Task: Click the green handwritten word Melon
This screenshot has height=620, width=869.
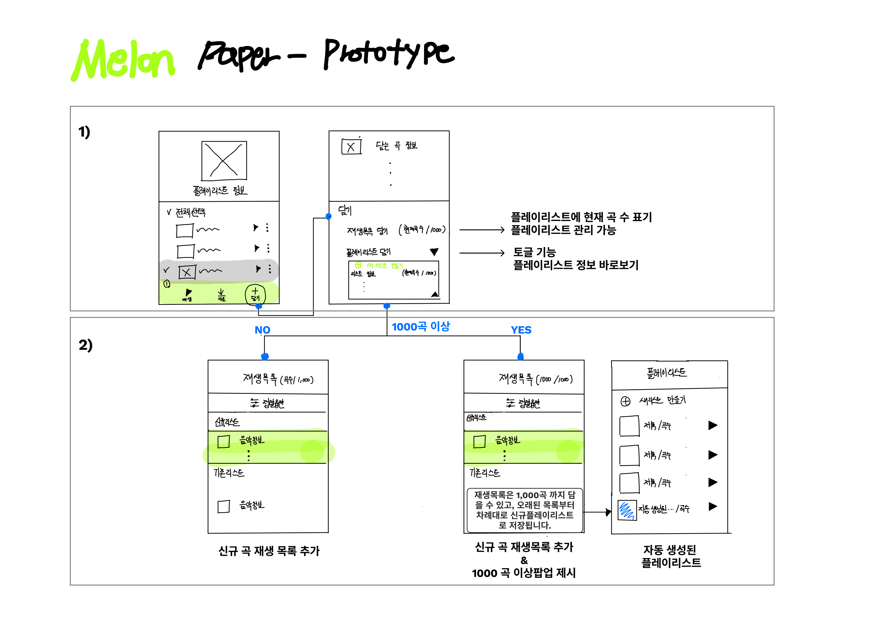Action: tap(123, 60)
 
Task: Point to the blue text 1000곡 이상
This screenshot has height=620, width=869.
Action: tap(421, 327)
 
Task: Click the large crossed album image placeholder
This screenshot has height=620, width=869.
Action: tap(224, 161)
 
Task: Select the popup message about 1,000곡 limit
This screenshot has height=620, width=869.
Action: tap(525, 510)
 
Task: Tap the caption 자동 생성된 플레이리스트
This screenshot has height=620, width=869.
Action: tap(671, 556)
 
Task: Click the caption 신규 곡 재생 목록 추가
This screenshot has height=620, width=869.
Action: tap(269, 551)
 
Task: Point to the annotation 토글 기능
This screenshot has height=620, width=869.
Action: tap(534, 252)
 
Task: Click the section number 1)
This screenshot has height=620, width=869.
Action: tap(84, 132)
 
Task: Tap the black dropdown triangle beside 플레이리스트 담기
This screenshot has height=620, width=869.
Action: tap(434, 252)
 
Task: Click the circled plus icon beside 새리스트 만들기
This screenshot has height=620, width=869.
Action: tap(625, 402)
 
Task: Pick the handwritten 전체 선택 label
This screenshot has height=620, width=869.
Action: tap(190, 212)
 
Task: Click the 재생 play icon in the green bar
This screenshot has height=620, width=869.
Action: tap(188, 293)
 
